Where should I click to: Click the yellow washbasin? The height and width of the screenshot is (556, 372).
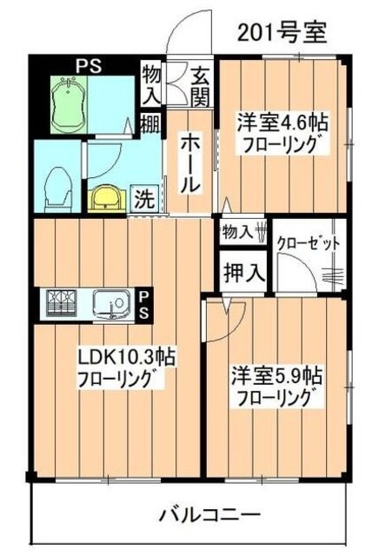[x=106, y=197]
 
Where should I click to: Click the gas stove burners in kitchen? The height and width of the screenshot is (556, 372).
[x=63, y=303]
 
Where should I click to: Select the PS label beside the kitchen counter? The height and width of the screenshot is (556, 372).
[x=145, y=304]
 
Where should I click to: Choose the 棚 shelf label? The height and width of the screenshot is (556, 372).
[x=149, y=125]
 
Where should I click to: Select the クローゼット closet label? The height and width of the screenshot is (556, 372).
[x=307, y=243]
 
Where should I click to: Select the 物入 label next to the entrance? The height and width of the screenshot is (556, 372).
[x=151, y=83]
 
